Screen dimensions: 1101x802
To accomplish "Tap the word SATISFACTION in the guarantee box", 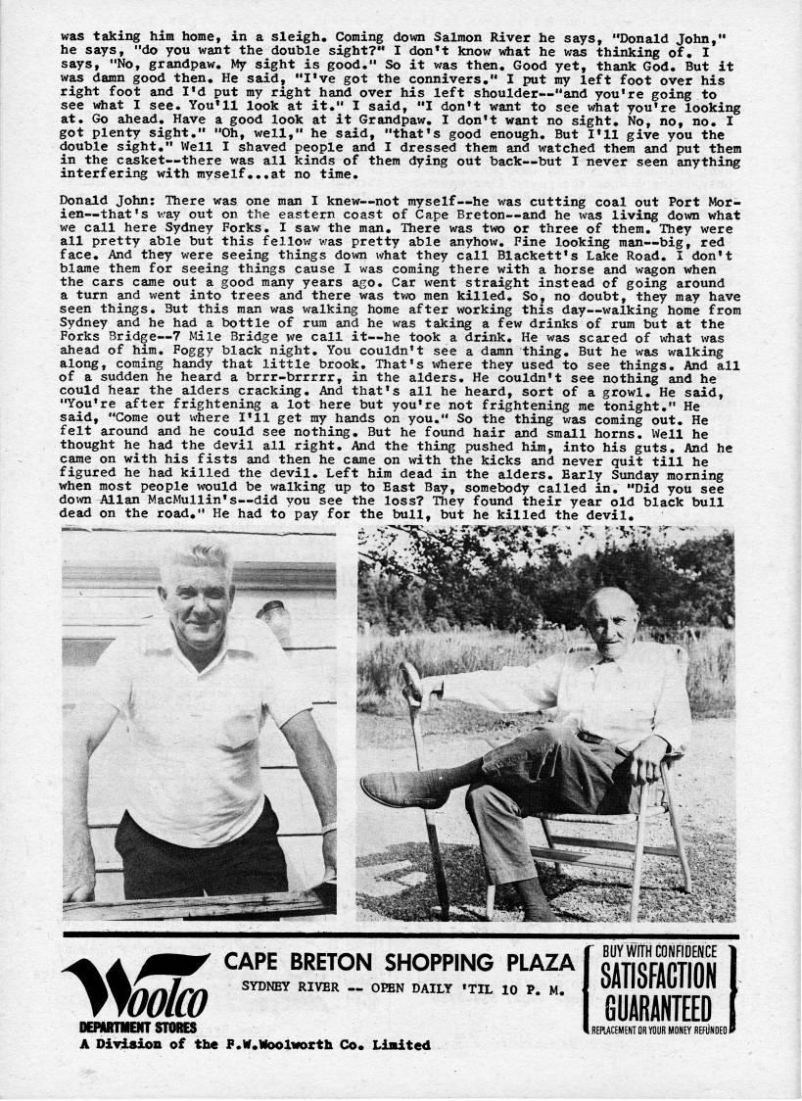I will [x=658, y=978].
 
